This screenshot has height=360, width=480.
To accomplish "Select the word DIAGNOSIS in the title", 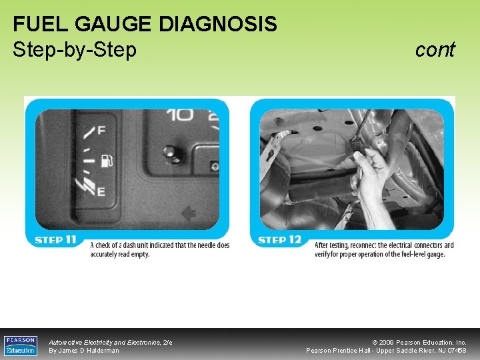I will [218, 24].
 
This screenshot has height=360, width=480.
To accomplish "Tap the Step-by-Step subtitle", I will [75, 49].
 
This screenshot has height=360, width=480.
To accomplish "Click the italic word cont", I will [435, 49].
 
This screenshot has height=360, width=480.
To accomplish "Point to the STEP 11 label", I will [55, 240].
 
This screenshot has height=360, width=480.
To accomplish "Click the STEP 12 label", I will [279, 240].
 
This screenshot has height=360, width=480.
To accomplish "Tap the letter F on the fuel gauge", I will [101, 130].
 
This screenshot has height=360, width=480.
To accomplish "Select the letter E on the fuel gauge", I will [101, 192].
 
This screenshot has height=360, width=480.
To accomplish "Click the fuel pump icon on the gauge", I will [105, 161].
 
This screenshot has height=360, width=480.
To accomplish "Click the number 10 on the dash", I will [180, 115].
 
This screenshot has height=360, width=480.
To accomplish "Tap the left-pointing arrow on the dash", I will [189, 213].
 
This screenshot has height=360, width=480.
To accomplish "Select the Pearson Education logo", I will [21, 345].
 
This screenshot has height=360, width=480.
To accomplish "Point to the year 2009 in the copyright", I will [387, 342].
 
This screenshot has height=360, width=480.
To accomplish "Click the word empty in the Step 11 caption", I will [139, 254].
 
